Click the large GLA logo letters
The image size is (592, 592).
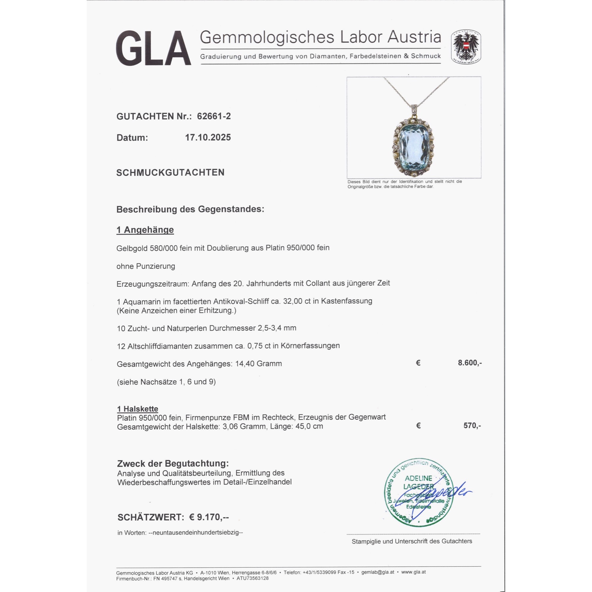153,48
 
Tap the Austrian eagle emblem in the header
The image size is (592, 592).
466,47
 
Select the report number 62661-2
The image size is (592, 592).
214,116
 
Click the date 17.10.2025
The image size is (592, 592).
208,137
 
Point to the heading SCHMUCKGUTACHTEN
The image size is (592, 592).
170,173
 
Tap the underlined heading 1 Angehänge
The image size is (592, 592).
145,230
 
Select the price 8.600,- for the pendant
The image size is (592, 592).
469,363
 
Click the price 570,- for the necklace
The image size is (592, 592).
472,425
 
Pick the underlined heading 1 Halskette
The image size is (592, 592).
138,409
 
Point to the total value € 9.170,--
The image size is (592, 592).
209,517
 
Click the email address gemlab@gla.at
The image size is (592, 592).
377,572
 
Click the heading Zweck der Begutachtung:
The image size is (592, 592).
173,463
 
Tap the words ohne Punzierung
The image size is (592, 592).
146,266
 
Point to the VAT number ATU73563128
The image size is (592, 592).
252,578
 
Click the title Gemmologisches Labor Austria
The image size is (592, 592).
320,37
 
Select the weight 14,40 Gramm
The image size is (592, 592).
258,364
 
